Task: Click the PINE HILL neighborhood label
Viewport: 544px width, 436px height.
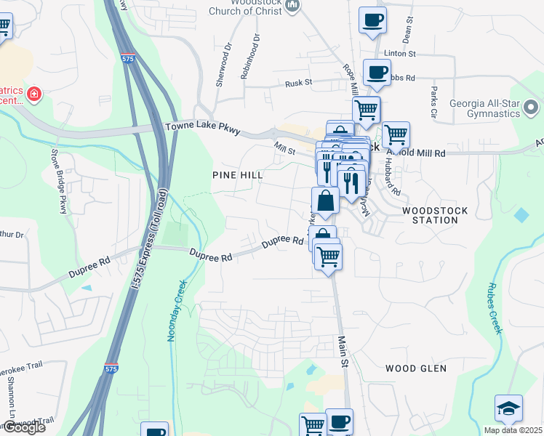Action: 236,175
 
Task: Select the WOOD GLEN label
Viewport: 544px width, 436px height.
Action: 416,368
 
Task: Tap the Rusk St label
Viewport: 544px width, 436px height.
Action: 298,83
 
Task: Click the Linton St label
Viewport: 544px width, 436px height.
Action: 400,54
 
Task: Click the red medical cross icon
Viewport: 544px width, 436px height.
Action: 33,94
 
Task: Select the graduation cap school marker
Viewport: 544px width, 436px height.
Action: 508,409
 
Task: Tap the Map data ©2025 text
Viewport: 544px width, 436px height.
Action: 513,430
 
